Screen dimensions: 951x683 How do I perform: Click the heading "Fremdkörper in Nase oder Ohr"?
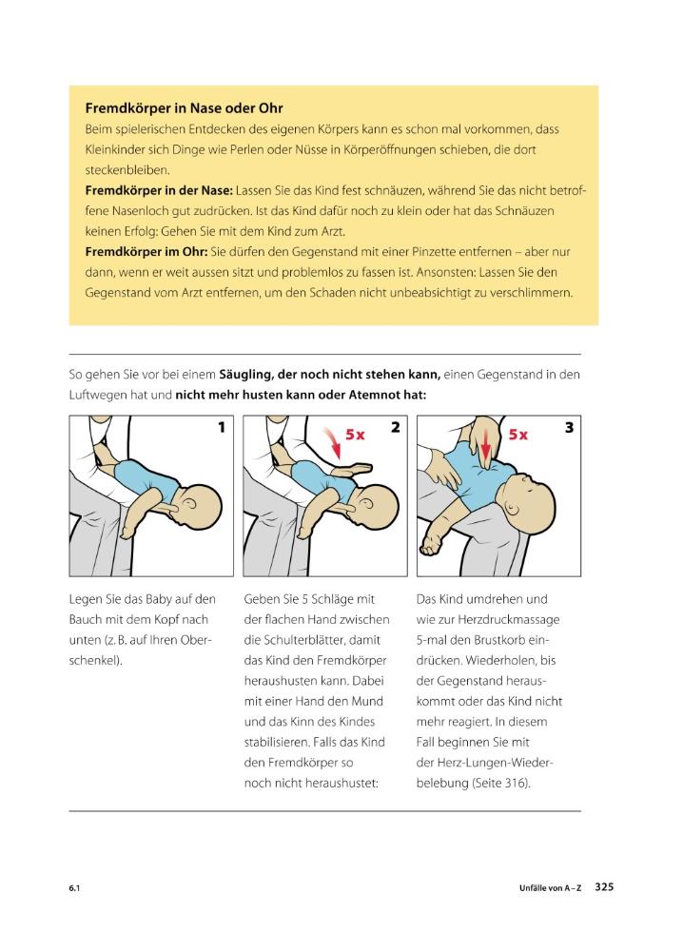(184, 108)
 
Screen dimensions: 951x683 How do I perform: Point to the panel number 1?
(221, 428)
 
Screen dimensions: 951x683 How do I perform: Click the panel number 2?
(395, 428)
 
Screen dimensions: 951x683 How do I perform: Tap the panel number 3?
(569, 428)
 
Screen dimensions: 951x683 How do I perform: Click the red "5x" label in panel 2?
(356, 434)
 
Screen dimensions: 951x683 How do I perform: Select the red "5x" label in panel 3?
(518, 434)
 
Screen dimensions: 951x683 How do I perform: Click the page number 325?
(604, 886)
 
